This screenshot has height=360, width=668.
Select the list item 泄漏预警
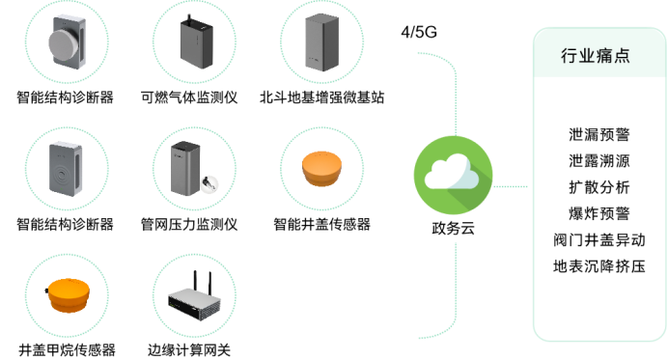(x=598, y=135)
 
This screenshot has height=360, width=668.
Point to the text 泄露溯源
(x=598, y=161)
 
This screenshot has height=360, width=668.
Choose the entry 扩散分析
(x=598, y=187)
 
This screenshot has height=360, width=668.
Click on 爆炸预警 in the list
(x=598, y=213)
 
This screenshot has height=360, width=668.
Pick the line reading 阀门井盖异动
(x=598, y=239)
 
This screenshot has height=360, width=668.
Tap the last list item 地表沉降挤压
(x=598, y=265)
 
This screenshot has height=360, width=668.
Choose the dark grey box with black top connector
(x=200, y=41)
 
